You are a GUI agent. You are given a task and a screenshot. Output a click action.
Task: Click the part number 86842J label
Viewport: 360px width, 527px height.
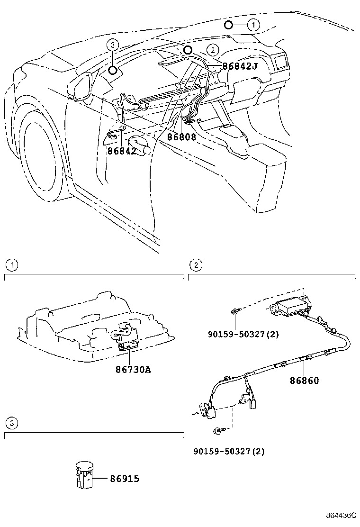240,66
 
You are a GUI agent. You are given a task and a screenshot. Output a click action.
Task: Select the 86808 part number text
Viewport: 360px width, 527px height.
181,137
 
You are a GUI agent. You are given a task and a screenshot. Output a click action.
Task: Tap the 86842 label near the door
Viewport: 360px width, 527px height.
122,151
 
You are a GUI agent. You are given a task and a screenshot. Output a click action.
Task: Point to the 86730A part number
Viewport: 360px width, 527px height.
133,369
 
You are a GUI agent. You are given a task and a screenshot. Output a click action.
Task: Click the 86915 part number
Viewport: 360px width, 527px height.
125,479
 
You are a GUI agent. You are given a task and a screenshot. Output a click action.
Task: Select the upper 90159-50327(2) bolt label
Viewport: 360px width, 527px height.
243,334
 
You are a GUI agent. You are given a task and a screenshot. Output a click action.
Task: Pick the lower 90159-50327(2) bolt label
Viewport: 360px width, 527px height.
229,452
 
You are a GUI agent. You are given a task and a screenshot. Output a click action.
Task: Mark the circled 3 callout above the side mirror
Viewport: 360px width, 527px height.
112,45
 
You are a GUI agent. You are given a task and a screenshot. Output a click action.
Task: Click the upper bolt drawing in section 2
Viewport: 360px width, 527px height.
236,311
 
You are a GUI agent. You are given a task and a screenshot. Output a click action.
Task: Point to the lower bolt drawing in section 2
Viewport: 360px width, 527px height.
220,430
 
